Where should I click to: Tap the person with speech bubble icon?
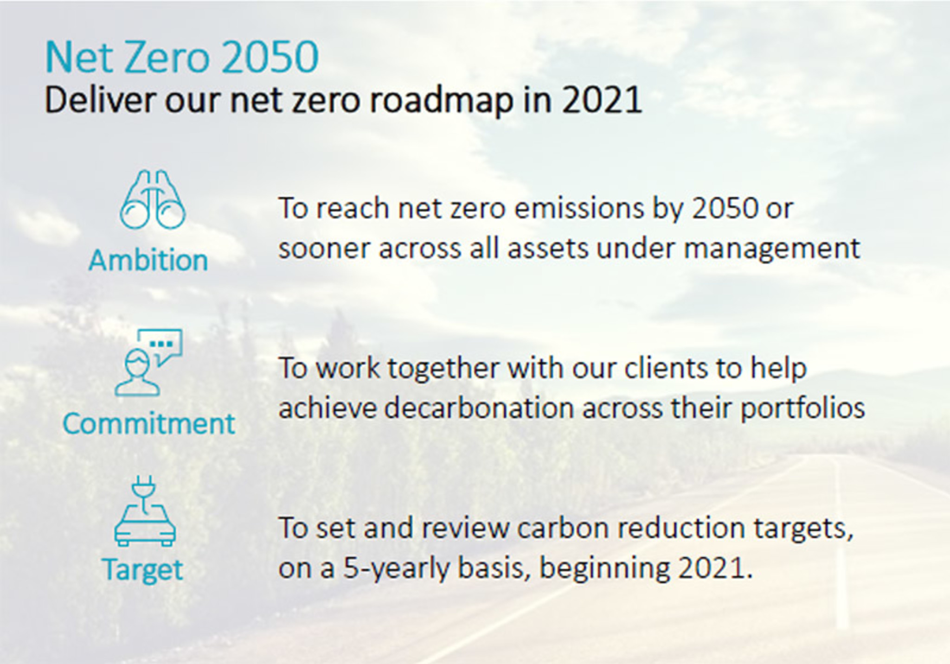(148, 363)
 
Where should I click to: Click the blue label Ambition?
(148, 260)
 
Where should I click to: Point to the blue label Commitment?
(149, 423)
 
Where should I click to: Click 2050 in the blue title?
(270, 57)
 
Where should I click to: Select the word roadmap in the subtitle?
(442, 101)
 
